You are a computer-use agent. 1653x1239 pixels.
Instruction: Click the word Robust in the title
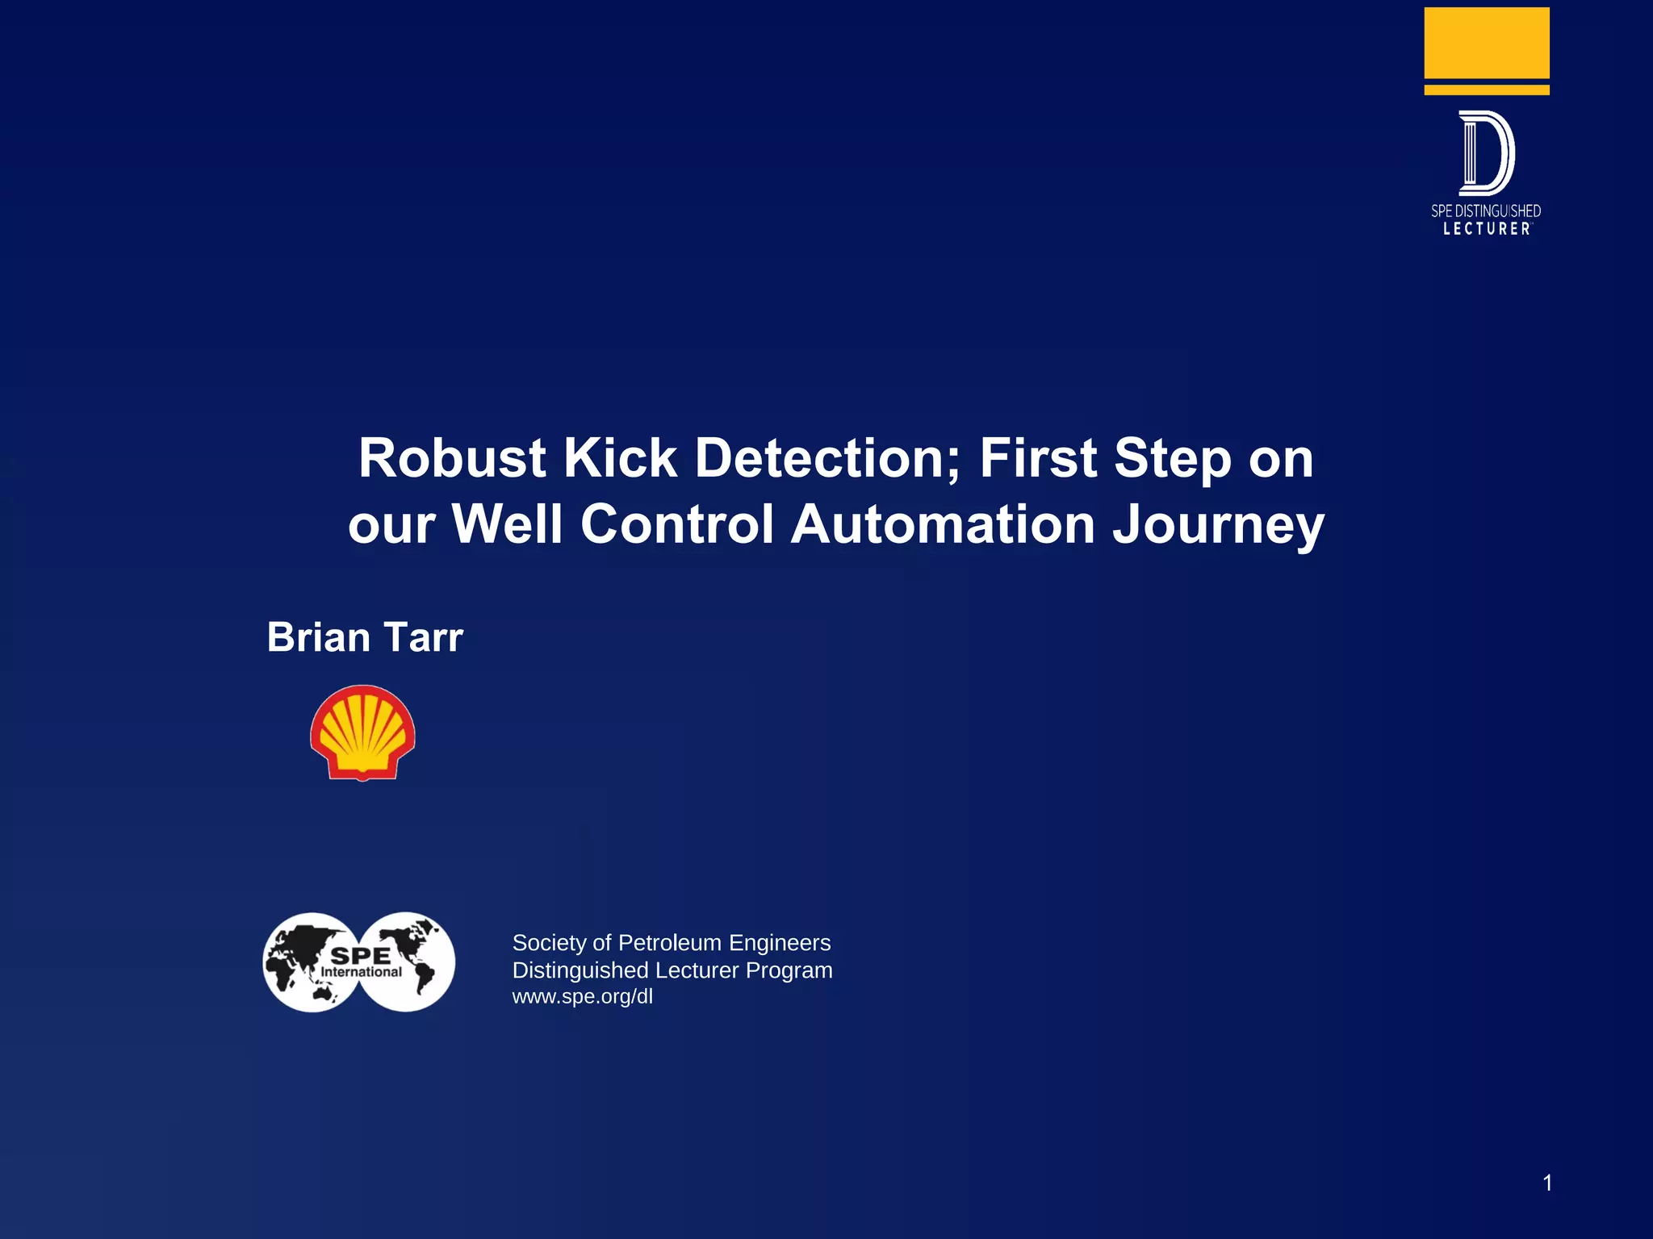pyautogui.click(x=453, y=458)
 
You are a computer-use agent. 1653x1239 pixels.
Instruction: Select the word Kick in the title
pyautogui.click(x=620, y=458)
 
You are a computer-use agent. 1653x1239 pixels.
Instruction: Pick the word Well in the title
pyautogui.click(x=507, y=524)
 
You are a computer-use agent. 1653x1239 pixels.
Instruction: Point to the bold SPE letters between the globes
pyautogui.click(x=361, y=956)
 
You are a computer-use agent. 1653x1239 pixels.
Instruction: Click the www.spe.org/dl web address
pyautogui.click(x=583, y=997)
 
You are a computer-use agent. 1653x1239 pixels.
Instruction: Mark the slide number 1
pyautogui.click(x=1547, y=1183)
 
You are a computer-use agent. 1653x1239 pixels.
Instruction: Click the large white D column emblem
pyautogui.click(x=1486, y=153)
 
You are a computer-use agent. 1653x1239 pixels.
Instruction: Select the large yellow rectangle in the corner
pyautogui.click(x=1487, y=42)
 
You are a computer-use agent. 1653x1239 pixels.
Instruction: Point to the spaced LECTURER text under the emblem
pyautogui.click(x=1487, y=229)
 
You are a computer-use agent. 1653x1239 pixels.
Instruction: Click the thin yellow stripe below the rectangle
pyautogui.click(x=1487, y=90)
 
